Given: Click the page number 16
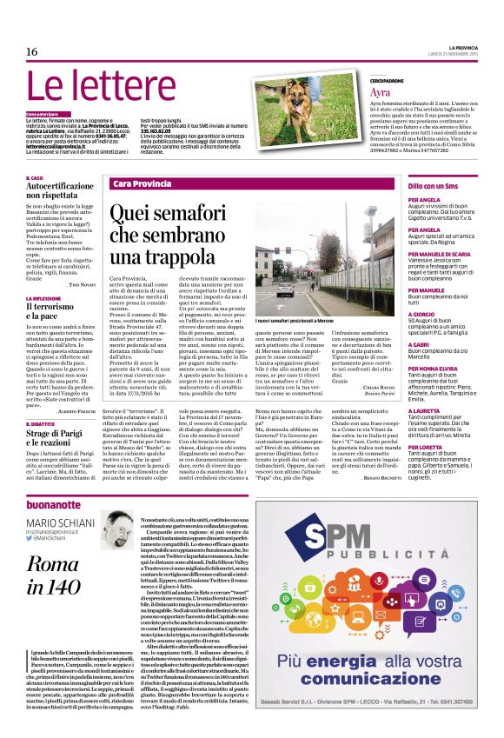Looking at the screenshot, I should (31, 53).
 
